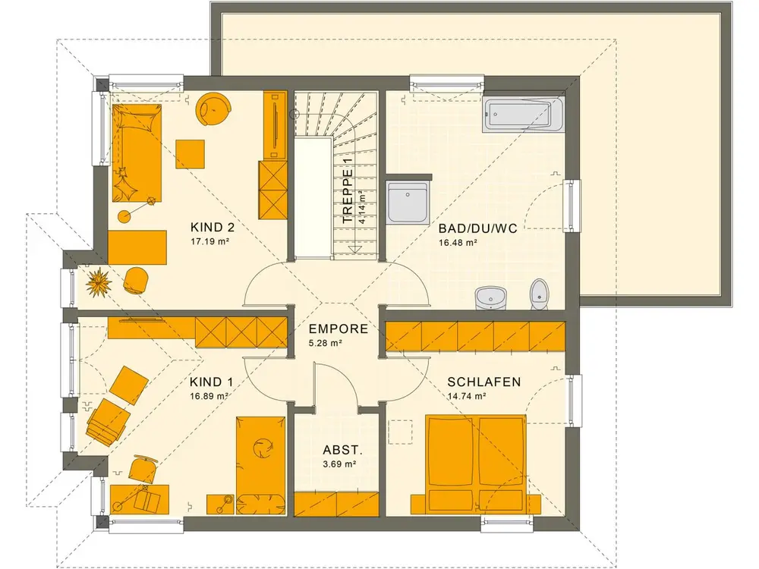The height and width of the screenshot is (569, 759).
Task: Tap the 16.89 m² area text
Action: tap(209, 396)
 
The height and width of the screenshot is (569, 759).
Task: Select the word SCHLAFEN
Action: tap(484, 382)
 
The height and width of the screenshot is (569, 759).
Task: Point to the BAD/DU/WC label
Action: tap(477, 228)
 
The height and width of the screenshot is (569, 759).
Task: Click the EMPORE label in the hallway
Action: tap(339, 329)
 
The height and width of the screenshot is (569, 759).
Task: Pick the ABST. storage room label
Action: tap(343, 451)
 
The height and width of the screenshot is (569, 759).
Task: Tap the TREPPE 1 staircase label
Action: tap(347, 190)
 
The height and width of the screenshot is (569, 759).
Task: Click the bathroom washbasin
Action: tap(490, 297)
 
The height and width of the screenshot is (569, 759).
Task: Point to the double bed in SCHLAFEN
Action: tap(475, 464)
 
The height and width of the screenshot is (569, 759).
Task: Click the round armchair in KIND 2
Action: tap(213, 109)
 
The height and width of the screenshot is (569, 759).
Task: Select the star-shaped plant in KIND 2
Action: tap(99, 282)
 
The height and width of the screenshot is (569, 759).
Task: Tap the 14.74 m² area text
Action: tap(467, 396)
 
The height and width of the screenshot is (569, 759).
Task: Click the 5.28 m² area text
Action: tap(326, 344)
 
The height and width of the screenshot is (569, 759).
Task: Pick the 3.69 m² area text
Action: tap(340, 464)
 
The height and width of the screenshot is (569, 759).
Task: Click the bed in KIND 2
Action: tap(137, 153)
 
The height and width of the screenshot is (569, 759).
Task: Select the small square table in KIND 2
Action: tap(190, 154)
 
